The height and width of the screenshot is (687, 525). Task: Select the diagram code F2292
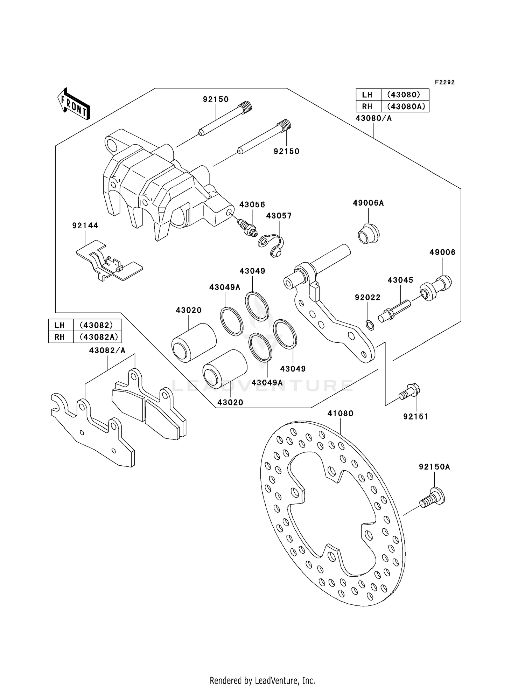point(444,82)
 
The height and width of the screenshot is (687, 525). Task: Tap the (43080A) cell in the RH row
point(405,106)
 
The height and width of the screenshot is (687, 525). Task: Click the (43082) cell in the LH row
point(97,325)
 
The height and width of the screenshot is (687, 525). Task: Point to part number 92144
point(85,225)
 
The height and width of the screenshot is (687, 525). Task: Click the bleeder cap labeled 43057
point(272,245)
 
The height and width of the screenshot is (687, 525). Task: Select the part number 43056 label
point(252,204)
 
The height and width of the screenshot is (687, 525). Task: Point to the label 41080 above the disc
point(340,414)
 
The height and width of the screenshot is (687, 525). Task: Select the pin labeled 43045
point(393,310)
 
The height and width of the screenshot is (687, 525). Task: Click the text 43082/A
point(107,350)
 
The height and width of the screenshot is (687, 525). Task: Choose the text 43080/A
point(373,118)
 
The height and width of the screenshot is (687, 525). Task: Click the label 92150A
point(434,467)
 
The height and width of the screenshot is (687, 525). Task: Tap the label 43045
point(400,280)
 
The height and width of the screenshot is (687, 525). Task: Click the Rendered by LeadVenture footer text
point(262,680)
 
